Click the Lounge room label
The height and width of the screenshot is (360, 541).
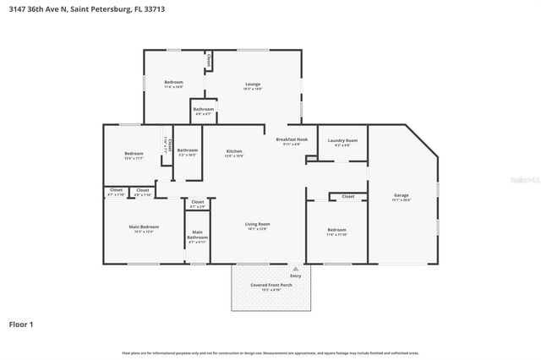click(x=252, y=84)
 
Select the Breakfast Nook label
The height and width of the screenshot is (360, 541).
click(x=292, y=139)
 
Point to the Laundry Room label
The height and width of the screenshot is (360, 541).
click(x=342, y=140)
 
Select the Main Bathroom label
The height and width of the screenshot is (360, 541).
click(x=197, y=234)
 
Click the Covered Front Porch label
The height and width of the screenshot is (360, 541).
click(x=271, y=286)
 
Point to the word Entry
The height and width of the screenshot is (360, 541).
click(x=295, y=275)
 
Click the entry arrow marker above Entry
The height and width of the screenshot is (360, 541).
click(x=295, y=268)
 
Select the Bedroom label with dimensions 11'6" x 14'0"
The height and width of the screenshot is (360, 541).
click(x=173, y=82)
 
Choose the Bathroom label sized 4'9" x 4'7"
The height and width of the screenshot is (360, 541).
click(x=203, y=109)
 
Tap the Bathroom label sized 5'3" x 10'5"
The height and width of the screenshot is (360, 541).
click(x=187, y=150)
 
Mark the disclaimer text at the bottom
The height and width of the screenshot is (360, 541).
click(x=270, y=352)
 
